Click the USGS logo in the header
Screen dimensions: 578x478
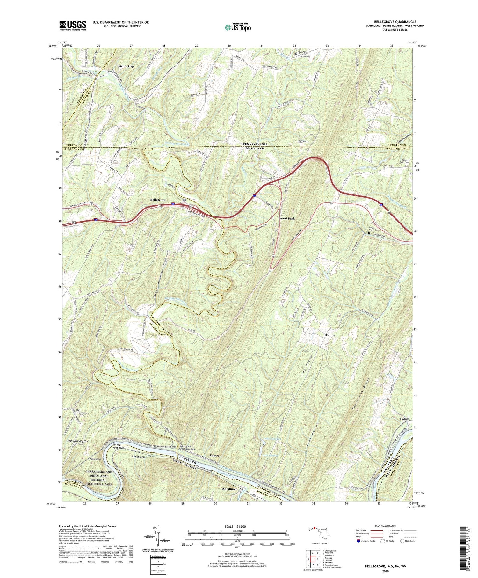tap(73, 26)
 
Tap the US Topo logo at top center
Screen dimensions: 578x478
tap(237, 27)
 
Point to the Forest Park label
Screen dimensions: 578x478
tap(286, 218)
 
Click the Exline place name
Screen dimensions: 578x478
tap(330, 335)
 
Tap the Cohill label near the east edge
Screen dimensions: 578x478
tap(404, 419)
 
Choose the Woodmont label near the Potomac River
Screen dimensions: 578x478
tap(229, 489)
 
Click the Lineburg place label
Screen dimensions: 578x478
tap(138, 457)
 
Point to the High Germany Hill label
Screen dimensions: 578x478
tap(78, 441)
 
